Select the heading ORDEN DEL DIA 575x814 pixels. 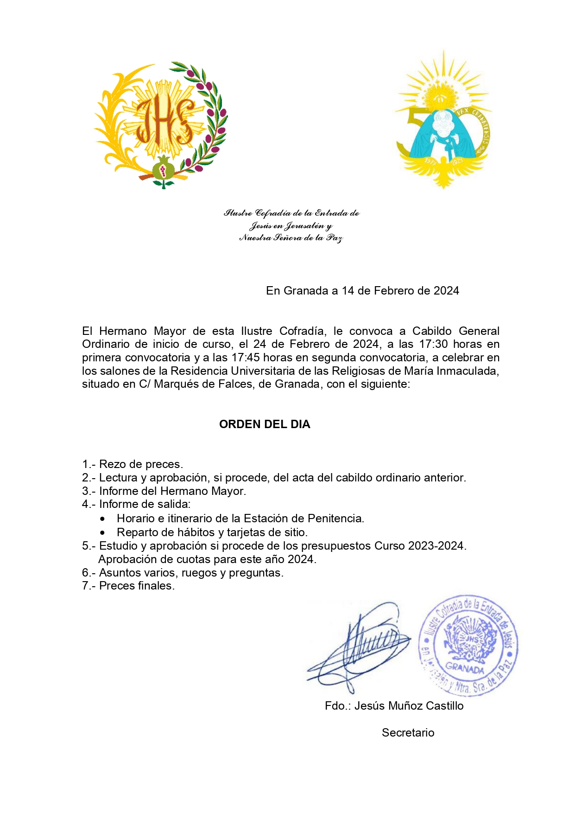(265, 424)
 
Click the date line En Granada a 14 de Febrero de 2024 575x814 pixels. (362, 291)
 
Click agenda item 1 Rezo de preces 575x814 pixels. (133, 464)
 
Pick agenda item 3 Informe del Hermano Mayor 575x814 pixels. (164, 491)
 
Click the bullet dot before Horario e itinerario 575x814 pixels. (102, 519)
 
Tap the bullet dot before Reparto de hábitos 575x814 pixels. (102, 533)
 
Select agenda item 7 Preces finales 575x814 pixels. (128, 586)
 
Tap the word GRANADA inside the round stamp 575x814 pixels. (464, 668)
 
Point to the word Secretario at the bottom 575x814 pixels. (408, 733)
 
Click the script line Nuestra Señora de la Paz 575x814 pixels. (291, 238)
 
